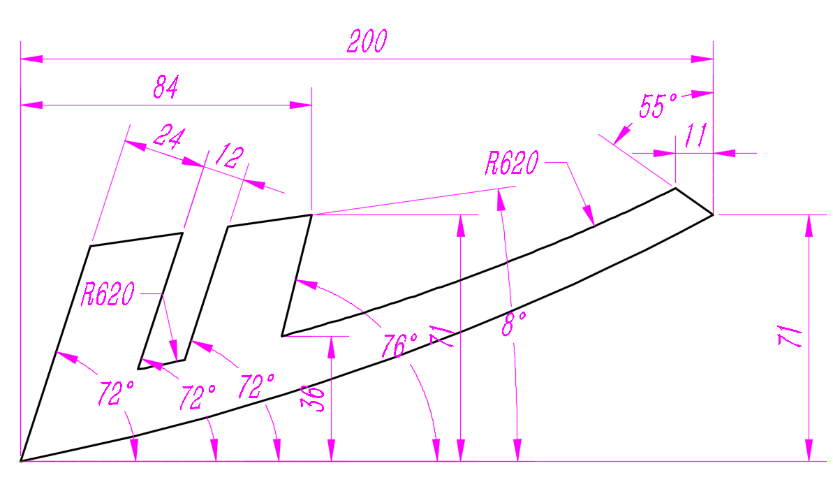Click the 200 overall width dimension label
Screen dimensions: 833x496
click(367, 42)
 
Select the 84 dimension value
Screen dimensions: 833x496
click(166, 87)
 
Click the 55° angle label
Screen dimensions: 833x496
click(658, 107)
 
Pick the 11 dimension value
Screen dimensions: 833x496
click(695, 136)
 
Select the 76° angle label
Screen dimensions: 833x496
click(399, 346)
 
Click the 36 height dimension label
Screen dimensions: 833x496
click(316, 399)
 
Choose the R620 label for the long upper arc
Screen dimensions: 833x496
click(513, 165)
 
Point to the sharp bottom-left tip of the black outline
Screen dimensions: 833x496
click(22, 461)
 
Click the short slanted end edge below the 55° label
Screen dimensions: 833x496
click(694, 201)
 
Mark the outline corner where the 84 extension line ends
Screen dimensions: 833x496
click(311, 215)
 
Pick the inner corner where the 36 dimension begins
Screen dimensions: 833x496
click(282, 336)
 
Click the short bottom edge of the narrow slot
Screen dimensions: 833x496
click(161, 364)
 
